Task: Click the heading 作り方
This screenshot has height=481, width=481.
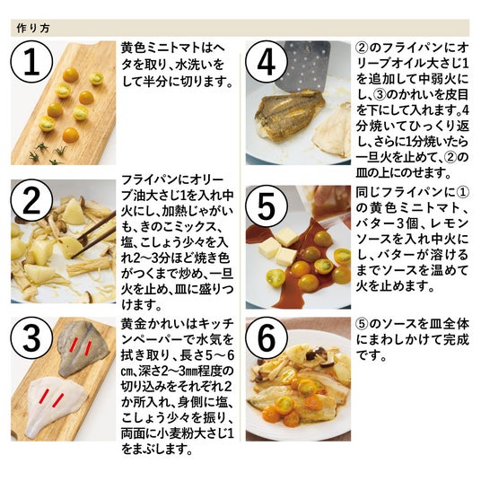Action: pyautogui.click(x=33, y=29)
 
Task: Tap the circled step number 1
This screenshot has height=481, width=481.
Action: pyautogui.click(x=31, y=62)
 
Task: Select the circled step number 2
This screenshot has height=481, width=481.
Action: pyautogui.click(x=31, y=200)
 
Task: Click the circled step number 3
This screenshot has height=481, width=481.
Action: pyautogui.click(x=31, y=337)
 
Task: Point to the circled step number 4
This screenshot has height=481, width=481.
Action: pyautogui.click(x=267, y=62)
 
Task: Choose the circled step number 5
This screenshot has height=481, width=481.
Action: pyautogui.click(x=267, y=206)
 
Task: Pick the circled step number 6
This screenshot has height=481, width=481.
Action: pyautogui.click(x=267, y=337)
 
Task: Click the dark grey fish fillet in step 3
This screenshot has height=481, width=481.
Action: pyautogui.click(x=83, y=348)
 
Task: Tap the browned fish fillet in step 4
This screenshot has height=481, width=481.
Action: pyautogui.click(x=290, y=114)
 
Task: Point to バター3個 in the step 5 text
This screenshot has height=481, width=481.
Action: pyautogui.click(x=388, y=223)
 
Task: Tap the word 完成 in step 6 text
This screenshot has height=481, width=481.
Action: pyautogui.click(x=456, y=340)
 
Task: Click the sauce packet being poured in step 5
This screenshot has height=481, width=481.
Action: pyautogui.click(x=326, y=204)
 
